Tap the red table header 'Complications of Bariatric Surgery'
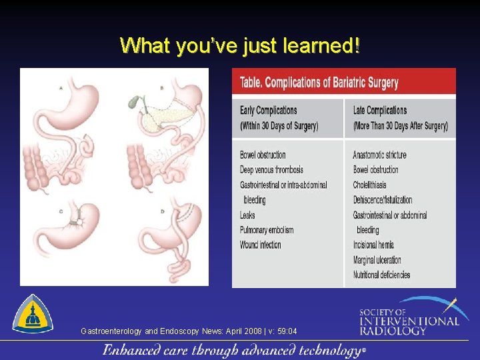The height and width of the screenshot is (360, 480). pyautogui.click(x=319, y=83)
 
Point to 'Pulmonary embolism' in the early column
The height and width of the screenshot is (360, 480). pyautogui.click(x=267, y=230)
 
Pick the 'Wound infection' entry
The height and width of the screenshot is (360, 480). pyautogui.click(x=261, y=245)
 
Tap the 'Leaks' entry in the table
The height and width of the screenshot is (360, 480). pyautogui.click(x=247, y=215)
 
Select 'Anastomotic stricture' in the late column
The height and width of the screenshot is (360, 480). pyautogui.click(x=379, y=155)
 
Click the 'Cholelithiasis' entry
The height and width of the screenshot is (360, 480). pyautogui.click(x=369, y=185)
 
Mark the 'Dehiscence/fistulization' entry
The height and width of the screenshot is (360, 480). pyautogui.click(x=383, y=199)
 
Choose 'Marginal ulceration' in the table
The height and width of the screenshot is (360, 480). pyautogui.click(x=377, y=260)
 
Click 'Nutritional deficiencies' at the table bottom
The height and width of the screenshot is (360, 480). pyautogui.click(x=381, y=275)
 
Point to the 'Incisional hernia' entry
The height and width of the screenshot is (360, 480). pyautogui.click(x=373, y=245)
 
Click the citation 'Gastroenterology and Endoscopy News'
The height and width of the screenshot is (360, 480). pyautogui.click(x=189, y=331)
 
